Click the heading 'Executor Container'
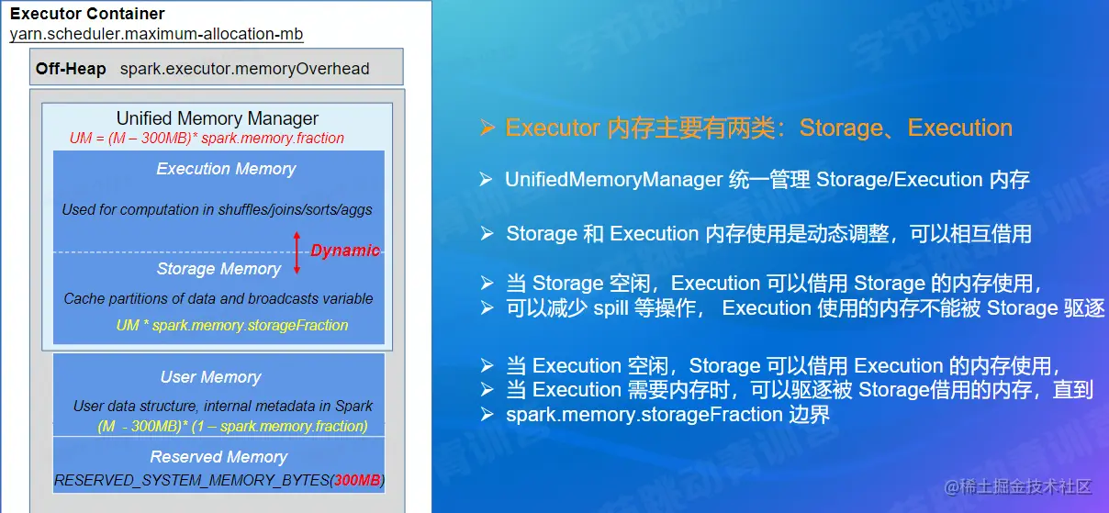pos(87,14)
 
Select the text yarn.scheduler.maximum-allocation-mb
pos(156,34)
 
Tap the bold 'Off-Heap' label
pos(71,68)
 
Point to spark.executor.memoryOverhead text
pos(244,69)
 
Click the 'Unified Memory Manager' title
pos(218,118)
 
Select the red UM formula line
pos(207,138)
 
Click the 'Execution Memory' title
pos(226,169)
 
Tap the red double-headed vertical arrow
pos(297,252)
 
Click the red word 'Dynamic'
pos(345,251)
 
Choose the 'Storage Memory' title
pos(218,269)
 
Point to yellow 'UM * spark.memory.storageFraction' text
pos(232,325)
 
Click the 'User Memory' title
pos(211,377)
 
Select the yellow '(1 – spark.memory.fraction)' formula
pos(280,426)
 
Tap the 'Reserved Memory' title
pos(218,457)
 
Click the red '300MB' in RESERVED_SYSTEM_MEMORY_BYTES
pos(357,480)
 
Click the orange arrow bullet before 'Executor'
pos(487,128)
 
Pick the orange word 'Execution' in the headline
pos(960,128)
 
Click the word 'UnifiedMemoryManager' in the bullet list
pos(614,179)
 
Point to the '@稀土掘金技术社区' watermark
pos(1018,486)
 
